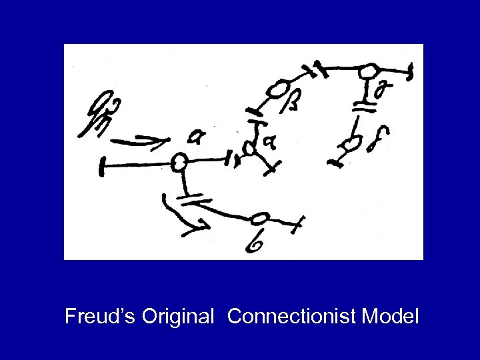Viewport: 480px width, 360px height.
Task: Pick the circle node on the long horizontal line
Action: pos(178,161)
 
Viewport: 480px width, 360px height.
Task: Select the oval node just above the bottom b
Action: pos(262,218)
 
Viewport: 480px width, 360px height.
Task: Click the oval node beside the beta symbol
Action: pos(278,88)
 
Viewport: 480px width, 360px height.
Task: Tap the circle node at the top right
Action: pos(368,70)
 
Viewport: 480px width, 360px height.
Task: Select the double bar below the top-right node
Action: pos(363,103)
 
